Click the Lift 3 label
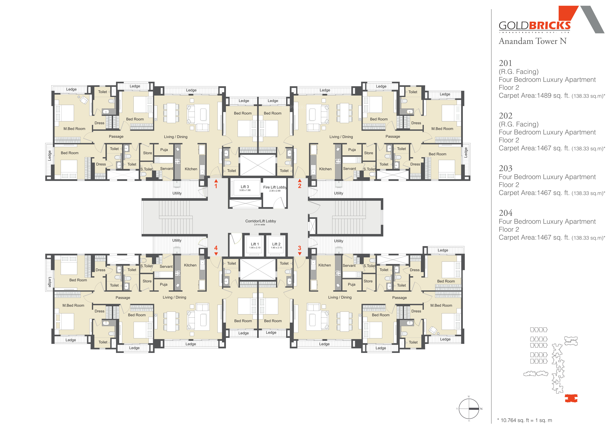245,187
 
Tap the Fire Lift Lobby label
275,187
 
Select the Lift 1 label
255,244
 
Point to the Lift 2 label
276,244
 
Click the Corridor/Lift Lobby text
260,221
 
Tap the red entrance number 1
216,186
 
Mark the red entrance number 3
300,248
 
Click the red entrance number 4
216,248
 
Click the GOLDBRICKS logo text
535,26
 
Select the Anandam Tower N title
532,41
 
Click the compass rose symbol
469,409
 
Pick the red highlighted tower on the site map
571,398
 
